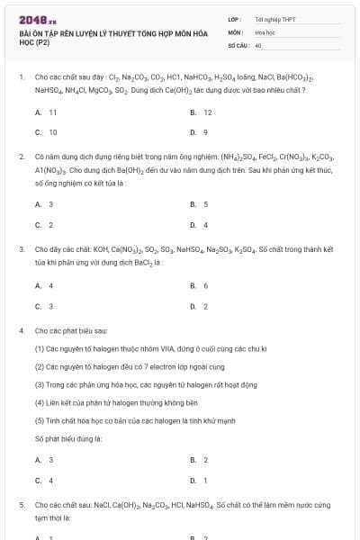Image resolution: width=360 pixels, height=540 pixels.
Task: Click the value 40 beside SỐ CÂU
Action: pyautogui.click(x=258, y=44)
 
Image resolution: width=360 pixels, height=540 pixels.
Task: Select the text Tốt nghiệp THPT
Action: pyautogui.click(x=270, y=18)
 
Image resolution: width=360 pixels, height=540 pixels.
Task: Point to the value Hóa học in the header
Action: pyautogui.click(x=265, y=31)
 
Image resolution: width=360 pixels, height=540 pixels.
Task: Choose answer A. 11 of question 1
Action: pyautogui.click(x=47, y=112)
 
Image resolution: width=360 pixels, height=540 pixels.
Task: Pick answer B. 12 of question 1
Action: pyautogui.click(x=202, y=112)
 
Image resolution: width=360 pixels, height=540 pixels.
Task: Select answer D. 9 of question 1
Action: pyautogui.click(x=200, y=131)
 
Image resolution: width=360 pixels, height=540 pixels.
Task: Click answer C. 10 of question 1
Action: pyautogui.click(x=47, y=131)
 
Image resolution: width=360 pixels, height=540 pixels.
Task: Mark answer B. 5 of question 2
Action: pyautogui.click(x=200, y=204)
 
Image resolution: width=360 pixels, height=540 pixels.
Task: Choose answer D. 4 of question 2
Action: pyautogui.click(x=200, y=224)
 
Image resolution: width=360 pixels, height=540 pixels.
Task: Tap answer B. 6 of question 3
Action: pyautogui.click(x=200, y=285)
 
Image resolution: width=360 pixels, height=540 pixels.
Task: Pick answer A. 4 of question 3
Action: pyautogui.click(x=45, y=285)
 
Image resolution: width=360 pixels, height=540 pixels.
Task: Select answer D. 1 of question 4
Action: pyautogui.click(x=200, y=480)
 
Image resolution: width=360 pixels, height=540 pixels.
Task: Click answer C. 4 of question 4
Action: pyautogui.click(x=45, y=480)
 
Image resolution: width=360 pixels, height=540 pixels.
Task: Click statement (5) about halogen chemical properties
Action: pyautogui.click(x=135, y=420)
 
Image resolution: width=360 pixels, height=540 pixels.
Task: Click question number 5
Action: pyautogui.click(x=22, y=506)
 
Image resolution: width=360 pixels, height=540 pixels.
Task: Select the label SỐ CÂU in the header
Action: pyautogui.click(x=238, y=44)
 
